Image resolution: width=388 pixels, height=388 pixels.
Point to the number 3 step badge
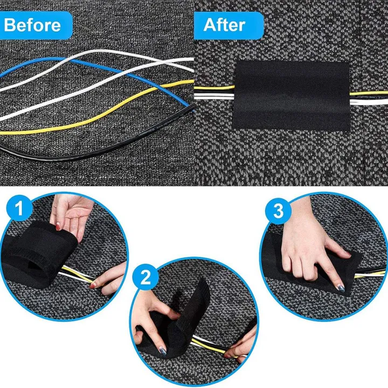pyautogui.click(x=278, y=211)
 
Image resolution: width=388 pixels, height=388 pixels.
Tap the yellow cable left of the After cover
pyautogui.click(x=213, y=88)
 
